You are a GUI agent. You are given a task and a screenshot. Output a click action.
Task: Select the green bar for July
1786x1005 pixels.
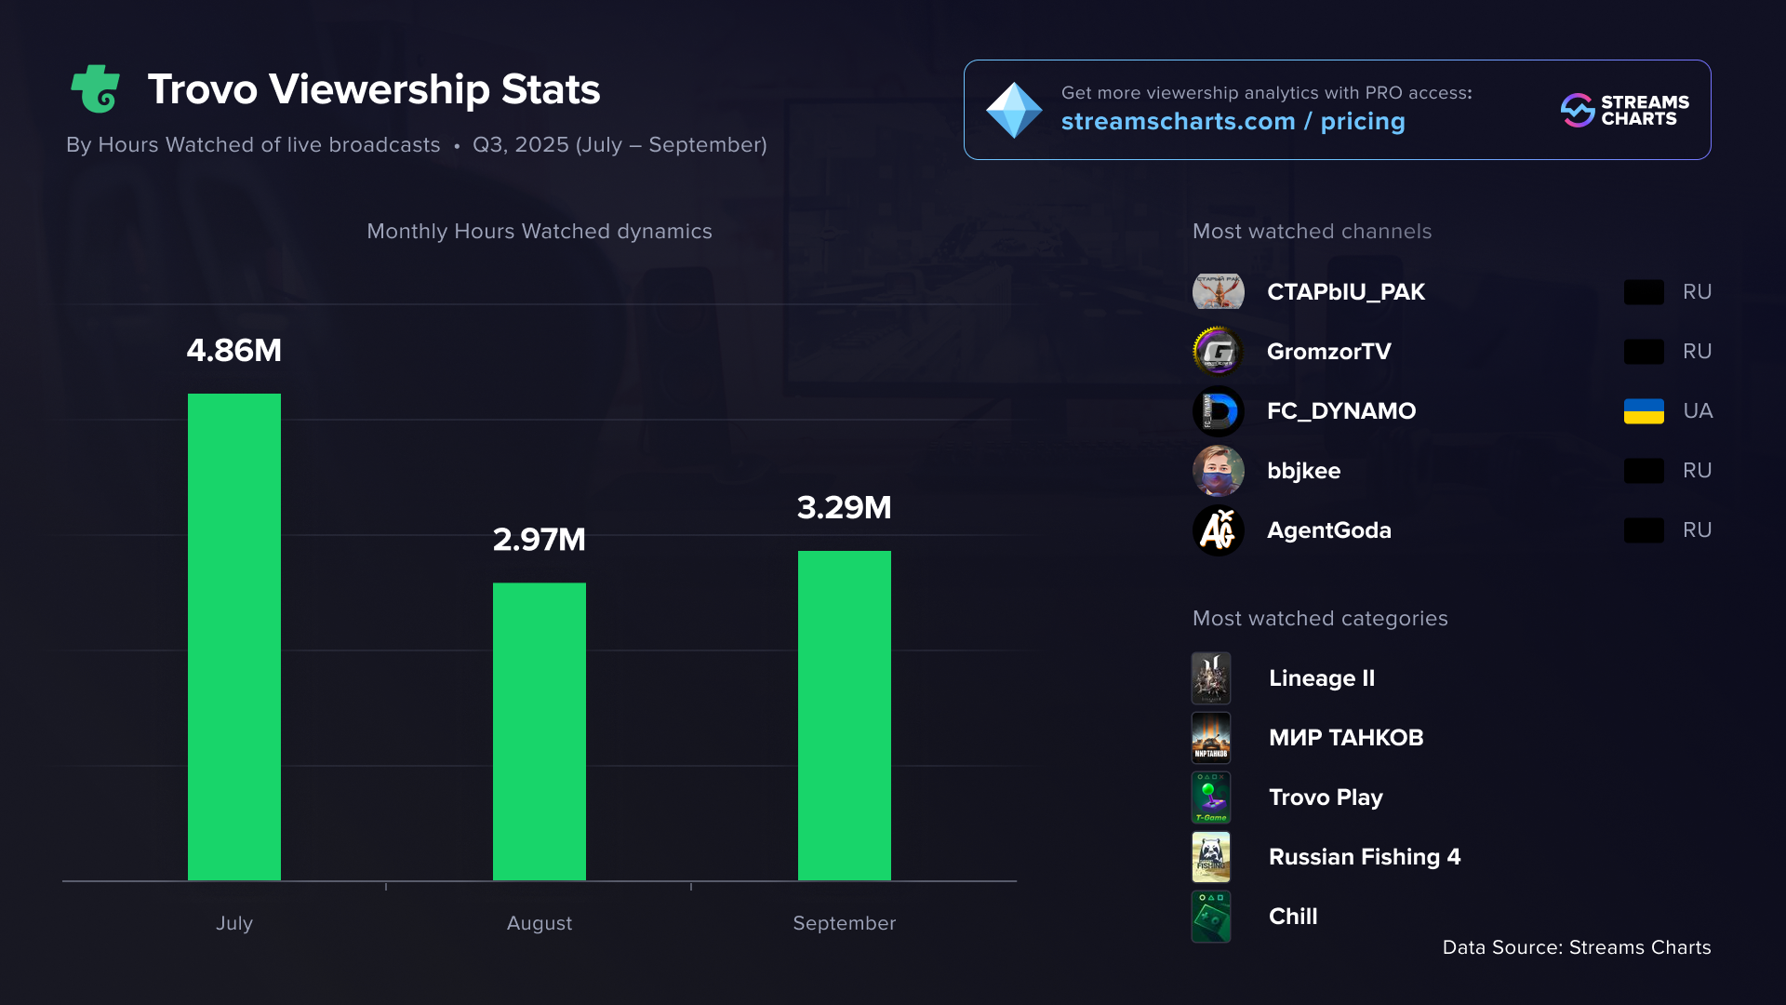[x=233, y=636]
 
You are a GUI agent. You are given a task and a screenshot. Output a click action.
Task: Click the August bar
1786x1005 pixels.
[x=539, y=731]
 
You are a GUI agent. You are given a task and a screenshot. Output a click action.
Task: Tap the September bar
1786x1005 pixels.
[x=844, y=716]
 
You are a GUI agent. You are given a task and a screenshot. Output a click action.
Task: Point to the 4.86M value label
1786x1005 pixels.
[x=233, y=351]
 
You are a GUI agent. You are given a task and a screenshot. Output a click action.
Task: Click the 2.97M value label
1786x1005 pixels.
[x=539, y=540]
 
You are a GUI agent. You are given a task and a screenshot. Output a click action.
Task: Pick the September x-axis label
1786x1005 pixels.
[x=844, y=923]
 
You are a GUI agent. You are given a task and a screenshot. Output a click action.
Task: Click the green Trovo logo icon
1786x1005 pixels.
[x=96, y=89]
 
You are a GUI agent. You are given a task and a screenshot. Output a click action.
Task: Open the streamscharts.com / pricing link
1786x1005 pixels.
[x=1233, y=122]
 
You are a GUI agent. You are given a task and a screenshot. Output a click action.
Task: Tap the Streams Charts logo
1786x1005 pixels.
[x=1624, y=110]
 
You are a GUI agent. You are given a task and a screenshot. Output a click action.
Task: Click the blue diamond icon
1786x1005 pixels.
[x=1014, y=110]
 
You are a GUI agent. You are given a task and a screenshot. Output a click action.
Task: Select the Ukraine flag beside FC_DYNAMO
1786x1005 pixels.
[x=1644, y=411]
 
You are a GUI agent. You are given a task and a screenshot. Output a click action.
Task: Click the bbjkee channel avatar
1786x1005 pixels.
[x=1218, y=471]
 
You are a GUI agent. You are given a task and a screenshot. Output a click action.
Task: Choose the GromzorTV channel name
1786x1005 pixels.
[x=1328, y=352]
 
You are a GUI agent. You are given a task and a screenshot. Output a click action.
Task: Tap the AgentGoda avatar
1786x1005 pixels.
[x=1218, y=530]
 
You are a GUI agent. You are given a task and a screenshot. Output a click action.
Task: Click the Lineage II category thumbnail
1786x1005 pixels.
[x=1211, y=678]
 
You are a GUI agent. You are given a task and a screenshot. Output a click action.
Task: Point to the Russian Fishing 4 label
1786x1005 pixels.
[x=1364, y=857]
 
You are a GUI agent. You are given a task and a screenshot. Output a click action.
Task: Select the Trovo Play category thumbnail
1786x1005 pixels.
[x=1211, y=797]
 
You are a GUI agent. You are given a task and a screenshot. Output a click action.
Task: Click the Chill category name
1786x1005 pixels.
[x=1293, y=917]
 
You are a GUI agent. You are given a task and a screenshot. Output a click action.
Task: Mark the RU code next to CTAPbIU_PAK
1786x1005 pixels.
[x=1697, y=292]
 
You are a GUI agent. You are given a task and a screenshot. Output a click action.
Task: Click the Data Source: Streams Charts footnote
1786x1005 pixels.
[x=1576, y=947]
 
